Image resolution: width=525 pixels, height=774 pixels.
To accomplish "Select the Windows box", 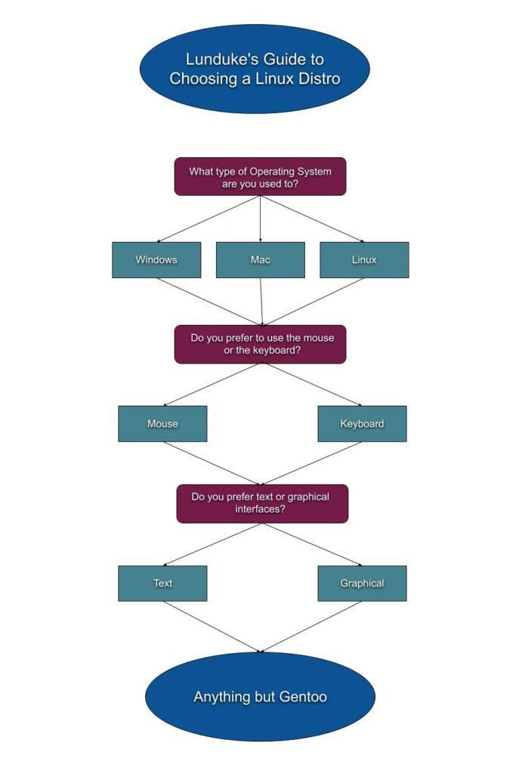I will pyautogui.click(x=156, y=260).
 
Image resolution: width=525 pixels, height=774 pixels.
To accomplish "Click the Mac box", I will pyautogui.click(x=261, y=260).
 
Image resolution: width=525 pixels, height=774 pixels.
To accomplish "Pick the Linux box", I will pyautogui.click(x=364, y=260).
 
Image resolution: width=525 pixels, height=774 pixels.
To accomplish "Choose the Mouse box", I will pyautogui.click(x=162, y=424).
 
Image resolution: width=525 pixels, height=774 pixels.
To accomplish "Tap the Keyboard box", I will pyautogui.click(x=362, y=424).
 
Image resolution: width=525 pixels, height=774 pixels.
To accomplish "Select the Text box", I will pyautogui.click(x=162, y=584).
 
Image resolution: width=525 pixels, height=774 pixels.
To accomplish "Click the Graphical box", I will pyautogui.click(x=362, y=584).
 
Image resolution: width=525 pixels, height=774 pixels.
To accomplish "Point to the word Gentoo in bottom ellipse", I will pyautogui.click(x=299, y=697).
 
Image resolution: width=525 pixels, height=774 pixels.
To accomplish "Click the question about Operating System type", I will pyautogui.click(x=260, y=177).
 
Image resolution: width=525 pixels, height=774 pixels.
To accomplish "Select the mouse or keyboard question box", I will pyautogui.click(x=260, y=344).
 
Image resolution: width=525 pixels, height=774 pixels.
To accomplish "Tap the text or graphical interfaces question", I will pyautogui.click(x=262, y=503).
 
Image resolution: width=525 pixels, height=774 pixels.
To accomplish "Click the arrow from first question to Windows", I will pyautogui.click(x=208, y=219).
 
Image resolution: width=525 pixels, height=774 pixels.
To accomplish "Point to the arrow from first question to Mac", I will pyautogui.click(x=261, y=219).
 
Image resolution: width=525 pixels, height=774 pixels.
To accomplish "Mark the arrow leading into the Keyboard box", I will pyautogui.click(x=311, y=385).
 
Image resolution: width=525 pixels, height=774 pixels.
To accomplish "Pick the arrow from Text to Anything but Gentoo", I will pyautogui.click(x=212, y=627).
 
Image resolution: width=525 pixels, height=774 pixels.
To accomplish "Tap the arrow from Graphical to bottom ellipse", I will pyautogui.click(x=311, y=627).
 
